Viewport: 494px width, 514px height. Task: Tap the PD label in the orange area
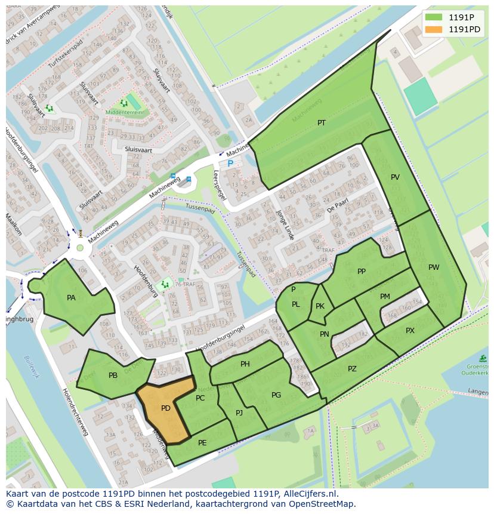click(166, 409)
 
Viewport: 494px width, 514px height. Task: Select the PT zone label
click(322, 123)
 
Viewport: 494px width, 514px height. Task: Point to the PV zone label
click(395, 177)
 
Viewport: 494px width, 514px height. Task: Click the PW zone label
click(434, 267)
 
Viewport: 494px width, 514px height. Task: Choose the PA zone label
click(71, 298)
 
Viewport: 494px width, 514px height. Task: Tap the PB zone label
click(113, 376)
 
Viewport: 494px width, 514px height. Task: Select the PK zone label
click(320, 306)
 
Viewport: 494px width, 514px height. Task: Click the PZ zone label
click(352, 369)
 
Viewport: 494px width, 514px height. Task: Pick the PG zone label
click(276, 395)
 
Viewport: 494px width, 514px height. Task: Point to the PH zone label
click(245, 364)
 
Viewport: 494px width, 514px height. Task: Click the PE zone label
click(202, 442)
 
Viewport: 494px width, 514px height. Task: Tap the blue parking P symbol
click(230, 163)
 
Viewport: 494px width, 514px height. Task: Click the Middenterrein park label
click(123, 112)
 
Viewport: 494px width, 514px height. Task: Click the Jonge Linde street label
click(285, 225)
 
